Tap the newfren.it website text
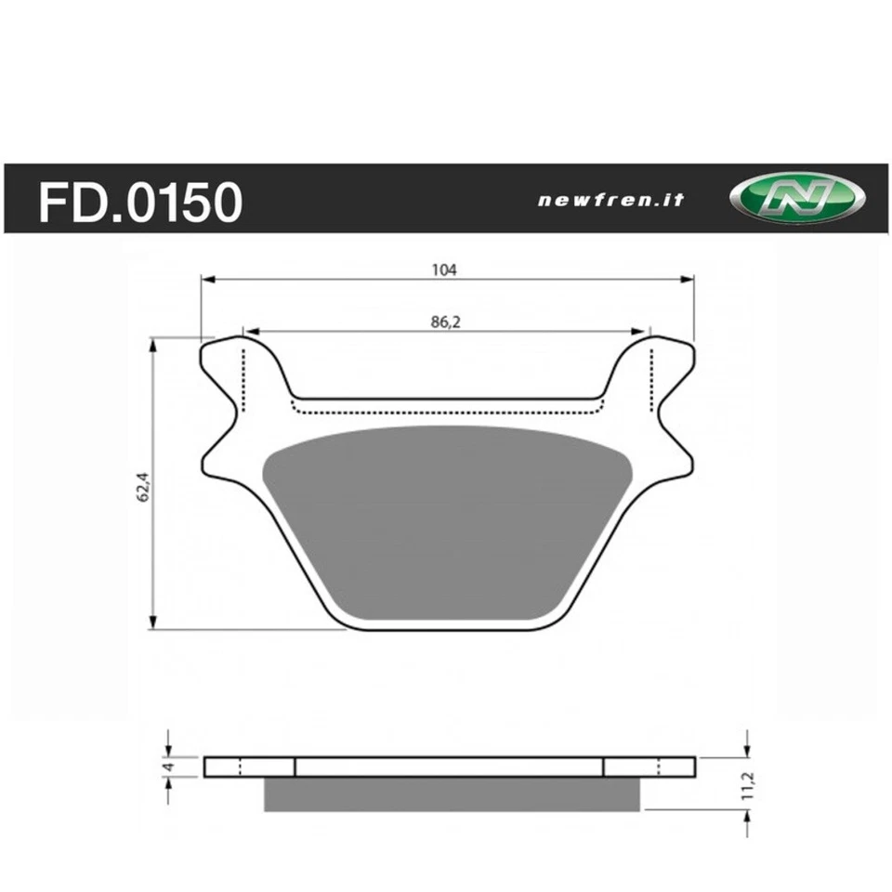click(x=610, y=200)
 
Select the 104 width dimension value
click(x=444, y=269)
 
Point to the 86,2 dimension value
click(x=444, y=321)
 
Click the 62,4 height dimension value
click(x=142, y=484)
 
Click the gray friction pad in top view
click(x=446, y=520)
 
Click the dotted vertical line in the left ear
click(x=243, y=376)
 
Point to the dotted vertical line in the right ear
click(x=651, y=376)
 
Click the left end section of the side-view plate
click(x=248, y=767)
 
